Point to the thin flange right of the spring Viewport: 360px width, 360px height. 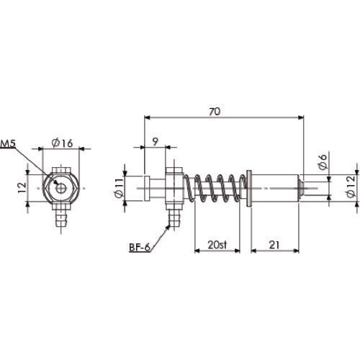(x=248, y=189)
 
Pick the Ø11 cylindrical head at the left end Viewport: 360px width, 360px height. (x=137, y=189)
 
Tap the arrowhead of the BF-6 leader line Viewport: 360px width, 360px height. (x=169, y=225)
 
